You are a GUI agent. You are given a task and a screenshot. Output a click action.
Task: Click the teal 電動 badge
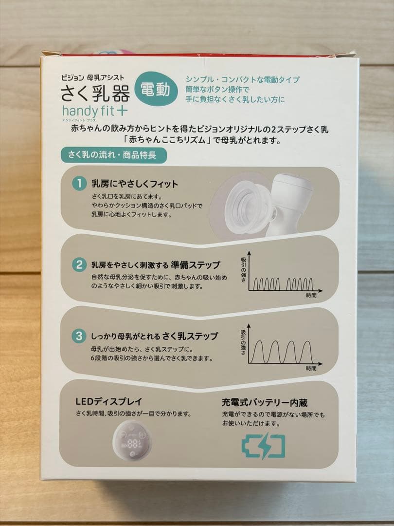(156, 89)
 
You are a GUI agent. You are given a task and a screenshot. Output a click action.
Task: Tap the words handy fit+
(95, 111)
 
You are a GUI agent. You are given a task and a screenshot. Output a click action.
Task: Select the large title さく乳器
(95, 93)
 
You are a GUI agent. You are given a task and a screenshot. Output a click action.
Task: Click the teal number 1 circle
(79, 184)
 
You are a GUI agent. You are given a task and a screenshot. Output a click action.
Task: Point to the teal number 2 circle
(79, 264)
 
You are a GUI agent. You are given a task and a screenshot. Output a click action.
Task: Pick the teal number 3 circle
(79, 336)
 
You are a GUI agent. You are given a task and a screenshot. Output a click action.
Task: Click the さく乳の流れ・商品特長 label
(113, 155)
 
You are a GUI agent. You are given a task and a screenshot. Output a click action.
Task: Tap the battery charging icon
(263, 447)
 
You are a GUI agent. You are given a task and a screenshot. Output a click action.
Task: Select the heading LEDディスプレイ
(109, 401)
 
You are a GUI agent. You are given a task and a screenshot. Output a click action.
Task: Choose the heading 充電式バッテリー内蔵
(264, 402)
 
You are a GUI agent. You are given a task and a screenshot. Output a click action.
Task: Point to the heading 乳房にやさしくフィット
(135, 184)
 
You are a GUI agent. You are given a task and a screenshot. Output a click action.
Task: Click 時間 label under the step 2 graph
(311, 296)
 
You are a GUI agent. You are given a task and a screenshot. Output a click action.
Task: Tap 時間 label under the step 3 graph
(311, 368)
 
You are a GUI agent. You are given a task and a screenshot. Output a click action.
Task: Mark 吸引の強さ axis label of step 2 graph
(243, 270)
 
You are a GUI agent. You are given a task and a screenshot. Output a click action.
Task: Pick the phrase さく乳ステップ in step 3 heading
(190, 336)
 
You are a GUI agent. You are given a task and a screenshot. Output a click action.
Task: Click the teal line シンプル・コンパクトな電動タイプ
(243, 80)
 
